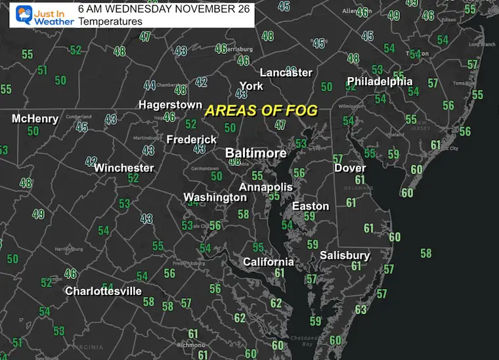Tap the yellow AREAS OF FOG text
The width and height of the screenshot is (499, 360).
261,110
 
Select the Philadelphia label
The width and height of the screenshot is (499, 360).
380,81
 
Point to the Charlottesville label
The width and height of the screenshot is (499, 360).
103,290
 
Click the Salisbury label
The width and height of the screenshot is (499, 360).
345,255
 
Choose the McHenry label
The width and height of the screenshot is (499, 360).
35,119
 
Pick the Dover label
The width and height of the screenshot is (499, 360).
349,168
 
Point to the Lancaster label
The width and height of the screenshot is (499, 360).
286,72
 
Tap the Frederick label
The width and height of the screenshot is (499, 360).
191,139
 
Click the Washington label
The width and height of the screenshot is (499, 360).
215,197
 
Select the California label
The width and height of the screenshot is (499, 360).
268,261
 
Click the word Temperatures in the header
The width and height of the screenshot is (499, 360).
110,21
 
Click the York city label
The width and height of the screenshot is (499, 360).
251,86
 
